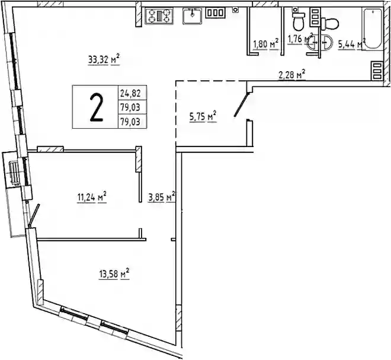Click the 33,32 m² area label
[x=104, y=60]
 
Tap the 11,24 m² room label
[x=92, y=197]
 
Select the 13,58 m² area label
[x=114, y=274]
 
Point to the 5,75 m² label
[x=203, y=116]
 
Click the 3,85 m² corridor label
[x=162, y=197]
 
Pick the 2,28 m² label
[x=291, y=74]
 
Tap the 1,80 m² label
[x=266, y=44]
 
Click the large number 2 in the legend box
[x=96, y=107]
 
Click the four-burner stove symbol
[x=159, y=16]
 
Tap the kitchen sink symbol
[x=192, y=16]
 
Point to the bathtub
[x=372, y=28]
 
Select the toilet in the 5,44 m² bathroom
[x=329, y=24]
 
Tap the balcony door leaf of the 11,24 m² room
[x=34, y=215]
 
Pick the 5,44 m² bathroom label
[x=351, y=44]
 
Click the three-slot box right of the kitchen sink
[x=216, y=12]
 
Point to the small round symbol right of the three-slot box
[x=235, y=9]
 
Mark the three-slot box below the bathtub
[x=377, y=71]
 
